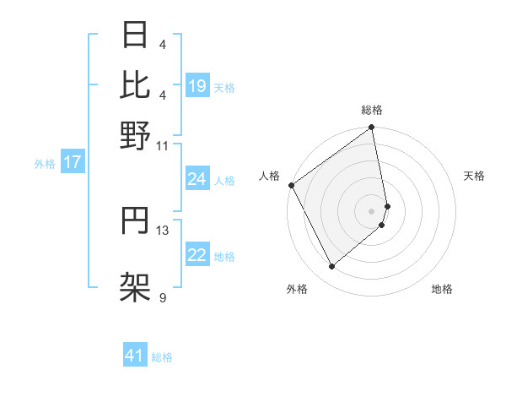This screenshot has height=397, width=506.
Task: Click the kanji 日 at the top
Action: (x=136, y=37)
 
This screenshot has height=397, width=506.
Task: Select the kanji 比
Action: (x=136, y=84)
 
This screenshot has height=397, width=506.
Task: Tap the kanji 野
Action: (x=136, y=135)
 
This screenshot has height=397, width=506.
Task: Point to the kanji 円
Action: (x=136, y=223)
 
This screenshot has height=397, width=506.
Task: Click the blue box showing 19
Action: (x=197, y=86)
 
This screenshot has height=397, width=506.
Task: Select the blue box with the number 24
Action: (x=197, y=179)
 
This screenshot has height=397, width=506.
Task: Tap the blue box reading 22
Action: (x=197, y=256)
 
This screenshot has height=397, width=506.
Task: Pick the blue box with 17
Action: (x=72, y=163)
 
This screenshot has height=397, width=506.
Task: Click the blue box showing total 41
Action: (x=136, y=356)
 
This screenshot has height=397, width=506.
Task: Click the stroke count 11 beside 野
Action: (x=162, y=145)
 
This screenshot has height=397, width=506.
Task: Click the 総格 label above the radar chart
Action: (x=372, y=110)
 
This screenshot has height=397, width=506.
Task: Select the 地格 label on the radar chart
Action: (x=442, y=289)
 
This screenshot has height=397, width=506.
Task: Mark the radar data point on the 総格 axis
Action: (x=372, y=128)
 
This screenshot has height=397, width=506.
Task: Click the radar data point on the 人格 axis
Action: (x=291, y=185)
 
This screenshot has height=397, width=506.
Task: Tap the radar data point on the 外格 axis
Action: (x=332, y=267)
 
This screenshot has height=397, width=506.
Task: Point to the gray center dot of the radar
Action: (x=372, y=210)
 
